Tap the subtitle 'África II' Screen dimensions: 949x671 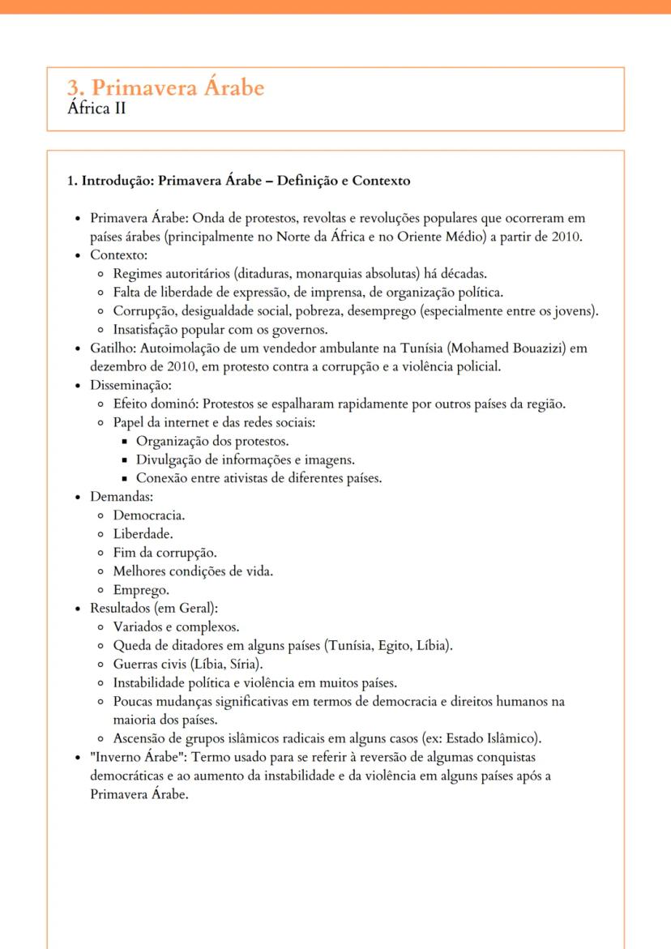coord(96,109)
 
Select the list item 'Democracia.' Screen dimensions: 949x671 coord(149,515)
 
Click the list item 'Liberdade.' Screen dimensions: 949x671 coord(143,534)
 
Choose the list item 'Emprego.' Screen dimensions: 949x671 coord(141,590)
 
